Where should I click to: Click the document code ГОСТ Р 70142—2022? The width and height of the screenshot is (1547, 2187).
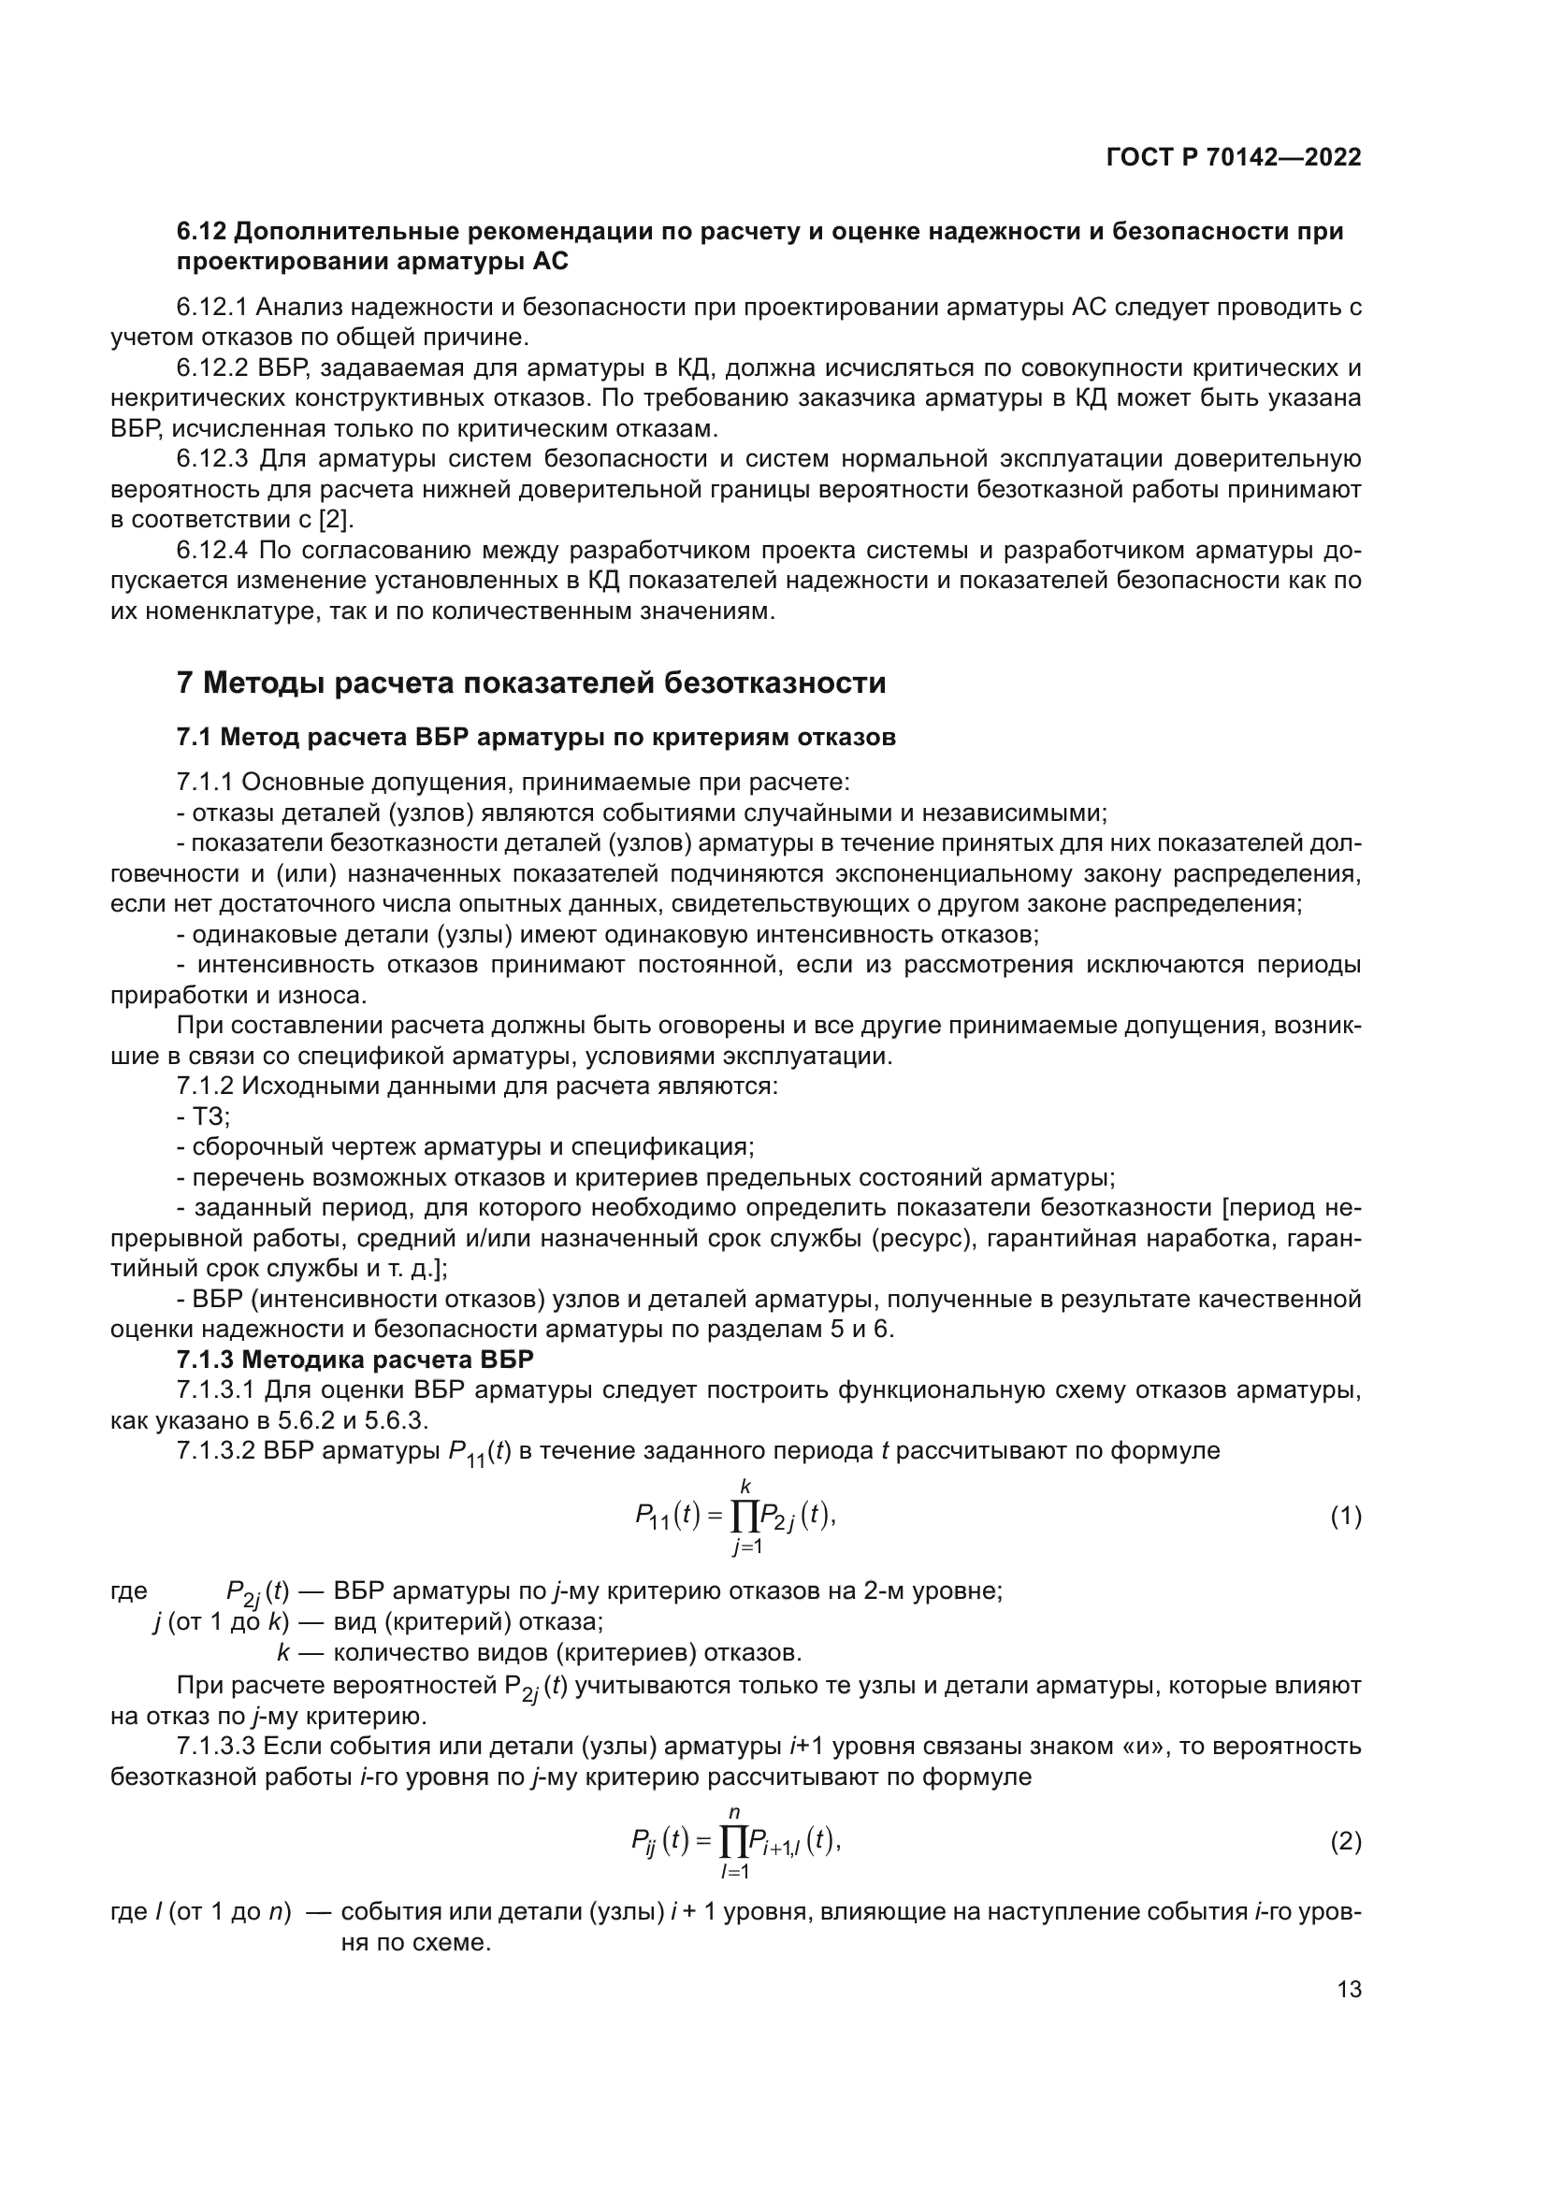coord(1234,158)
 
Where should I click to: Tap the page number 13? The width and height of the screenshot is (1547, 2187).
coord(1349,1990)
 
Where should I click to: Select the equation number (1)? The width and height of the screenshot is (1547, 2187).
coord(1345,1517)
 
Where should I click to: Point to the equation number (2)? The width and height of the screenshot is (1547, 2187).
coord(1345,1842)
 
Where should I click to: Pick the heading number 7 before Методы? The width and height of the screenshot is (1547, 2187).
coord(186,683)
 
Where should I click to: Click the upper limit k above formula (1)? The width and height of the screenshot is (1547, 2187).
coord(745,1486)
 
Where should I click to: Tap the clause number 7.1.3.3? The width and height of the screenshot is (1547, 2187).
coord(216,1746)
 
